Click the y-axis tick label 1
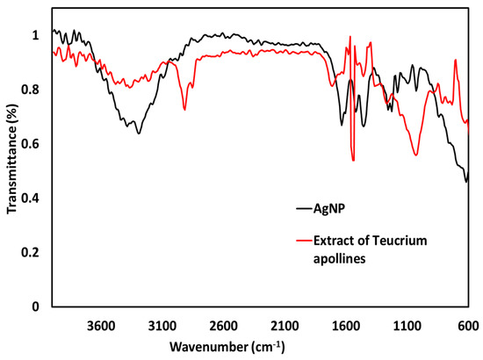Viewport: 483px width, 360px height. (x=37, y=35)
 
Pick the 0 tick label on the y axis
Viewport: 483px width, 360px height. (x=37, y=306)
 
